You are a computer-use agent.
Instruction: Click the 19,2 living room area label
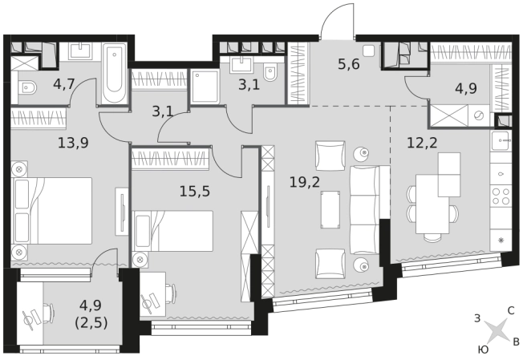pos(305,182)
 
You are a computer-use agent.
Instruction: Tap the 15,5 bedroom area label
pos(195,192)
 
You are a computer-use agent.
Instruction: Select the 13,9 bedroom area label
pos(73,143)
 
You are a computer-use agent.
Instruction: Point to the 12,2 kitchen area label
pos(422,143)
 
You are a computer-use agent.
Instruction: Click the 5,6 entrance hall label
pos(349,63)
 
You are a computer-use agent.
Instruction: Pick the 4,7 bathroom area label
pos(63,84)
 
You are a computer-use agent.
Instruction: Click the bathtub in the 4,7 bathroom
pos(115,73)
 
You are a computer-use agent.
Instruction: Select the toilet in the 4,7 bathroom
pos(26,87)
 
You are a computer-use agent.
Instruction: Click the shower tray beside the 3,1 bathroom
pos(205,87)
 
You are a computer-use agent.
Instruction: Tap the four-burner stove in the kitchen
pos(501,196)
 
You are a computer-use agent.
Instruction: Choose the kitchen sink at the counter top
pos(501,140)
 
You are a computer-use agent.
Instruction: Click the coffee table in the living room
pos(330,210)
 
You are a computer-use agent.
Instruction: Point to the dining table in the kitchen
pos(432,204)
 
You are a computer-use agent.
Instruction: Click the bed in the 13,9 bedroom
pos(51,211)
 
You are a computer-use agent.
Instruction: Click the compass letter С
pos(511,311)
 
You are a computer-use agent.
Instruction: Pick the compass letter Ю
pos(484,350)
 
